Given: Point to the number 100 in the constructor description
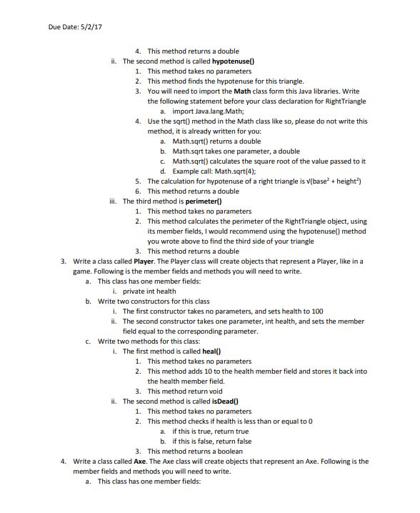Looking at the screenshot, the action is pos(315,312).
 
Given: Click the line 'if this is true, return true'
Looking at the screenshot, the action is pos(211,432).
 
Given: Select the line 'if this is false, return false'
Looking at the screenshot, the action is pos(213,442).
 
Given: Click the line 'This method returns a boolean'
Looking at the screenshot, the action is pos(193,452).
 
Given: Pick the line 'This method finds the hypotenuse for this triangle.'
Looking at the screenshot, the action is pos(226,81).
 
